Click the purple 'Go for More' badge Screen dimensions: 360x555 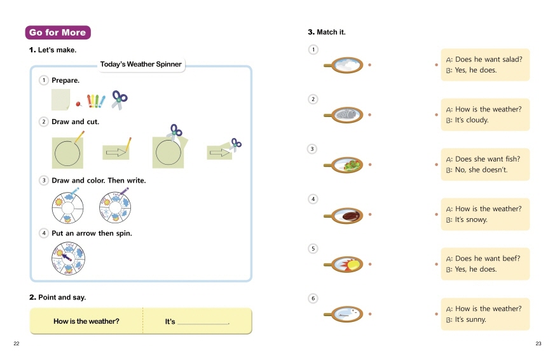tap(57, 32)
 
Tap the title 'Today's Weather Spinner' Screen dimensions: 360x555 tap(140, 64)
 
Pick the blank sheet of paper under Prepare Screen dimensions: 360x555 tap(60, 99)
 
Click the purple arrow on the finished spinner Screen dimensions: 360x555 tap(67, 256)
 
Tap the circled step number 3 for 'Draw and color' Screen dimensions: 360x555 tap(44, 181)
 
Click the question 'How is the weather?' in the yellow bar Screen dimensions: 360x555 tap(86, 322)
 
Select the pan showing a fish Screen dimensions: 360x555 tap(346, 114)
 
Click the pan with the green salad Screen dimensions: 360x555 tap(350, 165)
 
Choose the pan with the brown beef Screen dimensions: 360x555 tap(348, 215)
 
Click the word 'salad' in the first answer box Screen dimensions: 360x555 tap(511, 59)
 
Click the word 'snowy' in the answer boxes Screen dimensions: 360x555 tap(477, 219)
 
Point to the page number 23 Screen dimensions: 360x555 tap(538, 344)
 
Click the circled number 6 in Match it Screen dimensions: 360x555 tap(312, 298)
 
